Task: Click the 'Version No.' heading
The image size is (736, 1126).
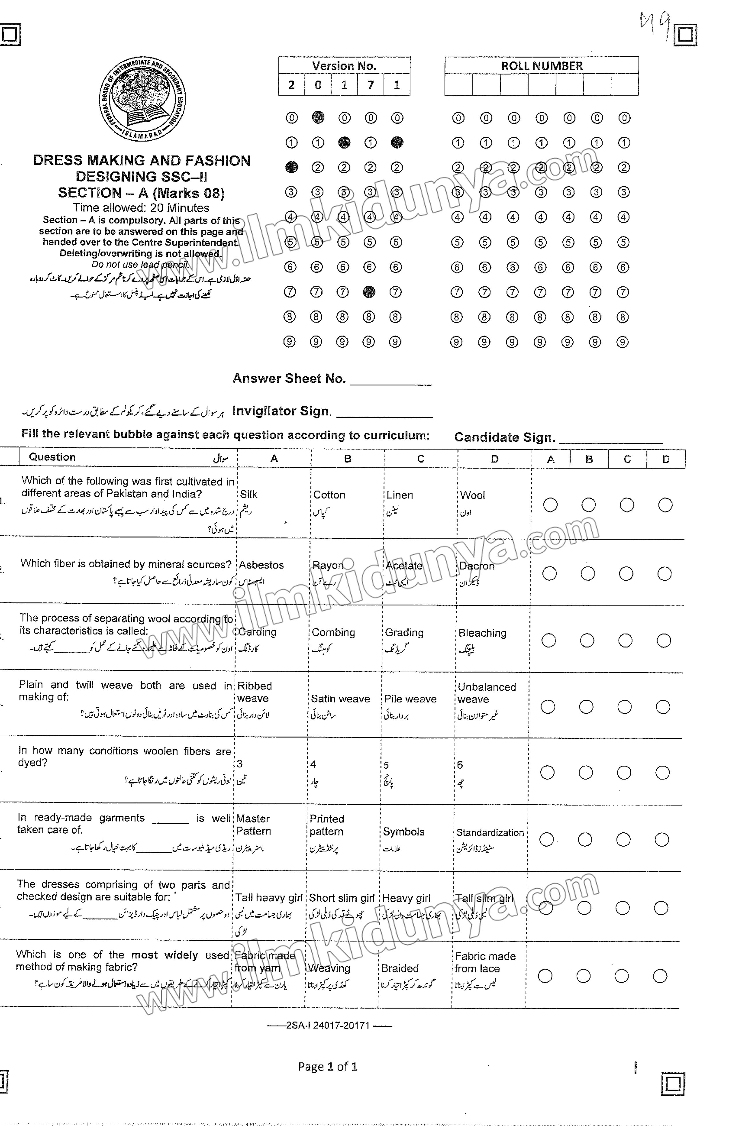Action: [344, 66]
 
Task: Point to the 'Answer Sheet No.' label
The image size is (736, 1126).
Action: [289, 379]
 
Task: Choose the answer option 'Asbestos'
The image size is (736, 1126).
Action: [261, 565]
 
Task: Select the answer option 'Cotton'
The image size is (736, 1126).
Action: [329, 495]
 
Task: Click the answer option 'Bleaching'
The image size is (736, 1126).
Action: [482, 633]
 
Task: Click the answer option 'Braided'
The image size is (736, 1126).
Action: [400, 968]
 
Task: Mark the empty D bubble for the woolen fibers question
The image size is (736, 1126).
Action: [662, 773]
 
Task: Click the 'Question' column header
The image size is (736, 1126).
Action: [52, 457]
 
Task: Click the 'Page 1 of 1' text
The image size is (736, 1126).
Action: [327, 1067]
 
